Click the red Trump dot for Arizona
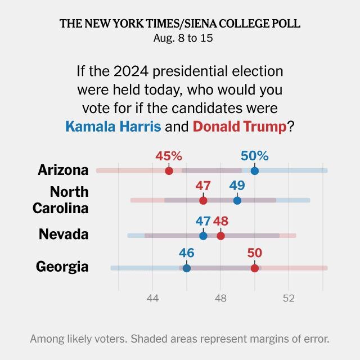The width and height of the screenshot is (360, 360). pos(169,171)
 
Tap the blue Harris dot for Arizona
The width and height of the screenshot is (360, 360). pos(255,171)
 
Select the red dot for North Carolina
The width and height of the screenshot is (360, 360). pos(203,200)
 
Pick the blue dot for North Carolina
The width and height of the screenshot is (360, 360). pos(237,200)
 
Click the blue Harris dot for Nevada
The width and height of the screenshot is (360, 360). pos(203,236)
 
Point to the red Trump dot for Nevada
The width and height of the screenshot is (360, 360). pos(220,236)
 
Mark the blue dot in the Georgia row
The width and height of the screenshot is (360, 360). pos(187,268)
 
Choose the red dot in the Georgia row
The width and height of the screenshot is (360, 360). pos(255,268)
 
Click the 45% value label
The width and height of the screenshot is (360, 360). pos(169,156)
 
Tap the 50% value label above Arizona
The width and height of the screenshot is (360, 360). pos(255,156)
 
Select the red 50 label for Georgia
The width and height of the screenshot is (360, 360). pos(255,253)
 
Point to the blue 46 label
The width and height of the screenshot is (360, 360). pos(187,253)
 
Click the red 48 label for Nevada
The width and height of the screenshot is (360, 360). pos(220,221)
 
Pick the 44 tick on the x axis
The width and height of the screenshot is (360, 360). pos(152,298)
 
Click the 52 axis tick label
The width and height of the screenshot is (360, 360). pos(289,298)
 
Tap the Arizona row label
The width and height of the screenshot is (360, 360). pos(63,170)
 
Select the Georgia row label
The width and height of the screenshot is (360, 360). pos(62,267)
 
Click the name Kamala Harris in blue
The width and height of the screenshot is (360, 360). pos(113,126)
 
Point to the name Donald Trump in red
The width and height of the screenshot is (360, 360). pos(240,127)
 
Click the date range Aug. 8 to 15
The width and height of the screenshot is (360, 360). pos(183,38)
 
